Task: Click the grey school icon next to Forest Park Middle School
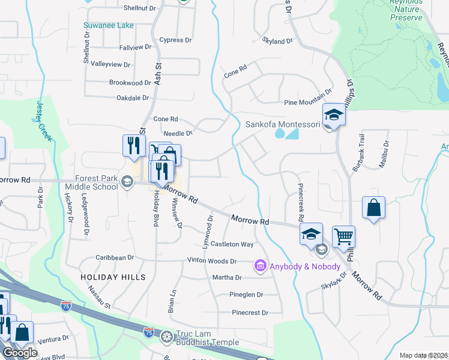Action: tap(127, 182)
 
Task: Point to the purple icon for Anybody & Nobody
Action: tap(260, 265)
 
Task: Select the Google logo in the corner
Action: tap(20, 353)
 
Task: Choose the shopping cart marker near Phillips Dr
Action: tap(343, 237)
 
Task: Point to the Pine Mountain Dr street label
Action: tap(307, 92)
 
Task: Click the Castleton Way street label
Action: tap(231, 244)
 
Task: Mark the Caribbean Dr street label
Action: tap(115, 257)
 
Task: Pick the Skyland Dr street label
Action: tap(277, 41)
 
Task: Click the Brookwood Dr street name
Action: tap(130, 82)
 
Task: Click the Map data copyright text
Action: tap(423, 355)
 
